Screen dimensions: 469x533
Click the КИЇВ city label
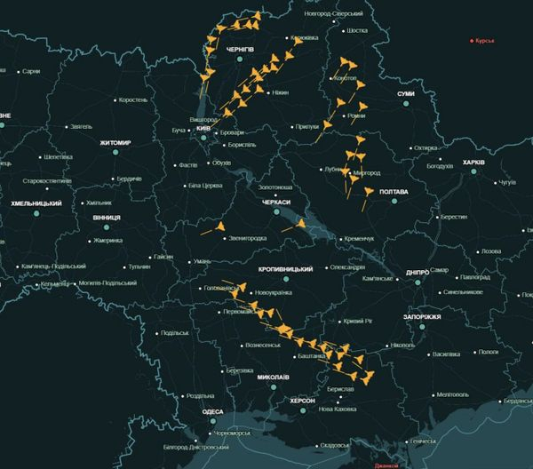[x=203, y=129]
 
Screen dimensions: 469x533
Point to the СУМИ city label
[x=406, y=94]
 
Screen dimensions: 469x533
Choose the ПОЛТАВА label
[x=393, y=192]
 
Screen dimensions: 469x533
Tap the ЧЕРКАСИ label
[x=276, y=203]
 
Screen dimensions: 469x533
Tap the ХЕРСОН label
[x=302, y=401]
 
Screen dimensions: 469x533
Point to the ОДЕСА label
[x=212, y=412]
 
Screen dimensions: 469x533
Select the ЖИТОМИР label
[x=115, y=143]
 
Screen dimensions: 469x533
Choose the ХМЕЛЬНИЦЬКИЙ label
[x=36, y=203]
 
